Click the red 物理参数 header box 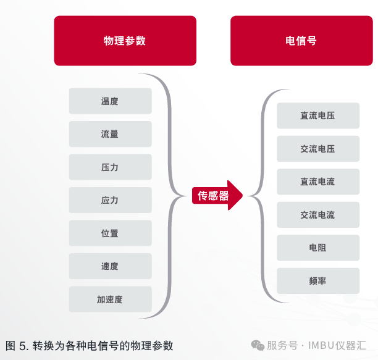click(125, 41)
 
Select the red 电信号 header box click(301, 41)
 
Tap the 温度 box click(110, 101)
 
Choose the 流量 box click(110, 134)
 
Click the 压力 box click(110, 167)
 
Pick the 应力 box click(110, 200)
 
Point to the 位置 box click(110, 233)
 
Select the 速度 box click(110, 266)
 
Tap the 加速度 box click(110, 299)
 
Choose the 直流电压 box click(317, 115)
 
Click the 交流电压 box click(317, 149)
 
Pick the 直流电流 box click(317, 182)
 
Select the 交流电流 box click(317, 215)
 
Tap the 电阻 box click(317, 248)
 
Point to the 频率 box click(317, 281)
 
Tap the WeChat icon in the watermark click(256, 345)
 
